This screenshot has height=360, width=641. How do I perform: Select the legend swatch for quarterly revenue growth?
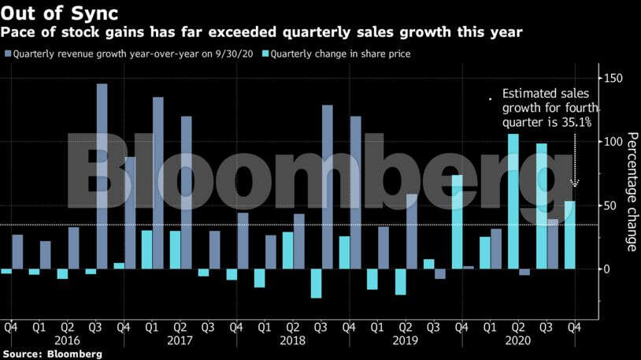coord(8,54)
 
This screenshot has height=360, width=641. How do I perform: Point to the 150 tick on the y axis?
coord(614,78)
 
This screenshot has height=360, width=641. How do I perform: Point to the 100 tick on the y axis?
coord(614,142)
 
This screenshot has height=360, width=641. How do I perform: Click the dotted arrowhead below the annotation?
coord(575,183)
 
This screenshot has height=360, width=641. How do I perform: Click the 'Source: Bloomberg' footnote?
coord(52,354)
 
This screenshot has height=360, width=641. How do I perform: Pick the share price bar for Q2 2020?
coord(513,201)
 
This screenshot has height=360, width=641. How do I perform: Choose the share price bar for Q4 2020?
coord(569,235)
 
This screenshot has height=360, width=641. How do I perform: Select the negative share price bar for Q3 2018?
coord(317,283)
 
